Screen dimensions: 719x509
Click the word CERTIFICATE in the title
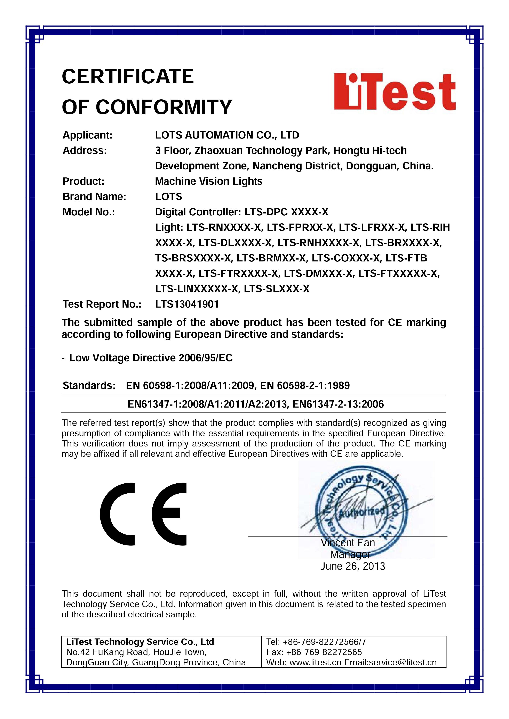[128, 76]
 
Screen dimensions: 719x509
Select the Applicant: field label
[87, 135]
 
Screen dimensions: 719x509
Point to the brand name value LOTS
[169, 197]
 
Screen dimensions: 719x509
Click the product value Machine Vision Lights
[209, 181]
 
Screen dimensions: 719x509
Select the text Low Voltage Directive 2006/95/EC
[151, 358]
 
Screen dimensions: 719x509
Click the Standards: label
[89, 385]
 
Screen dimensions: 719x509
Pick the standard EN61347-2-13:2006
[338, 404]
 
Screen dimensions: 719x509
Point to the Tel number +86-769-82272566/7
[324, 642]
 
